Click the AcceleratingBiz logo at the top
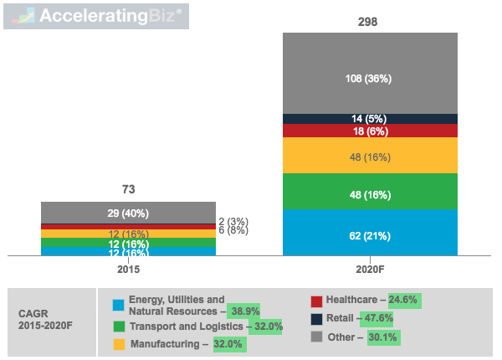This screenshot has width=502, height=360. pos(96,17)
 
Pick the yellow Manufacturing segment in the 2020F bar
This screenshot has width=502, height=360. pos(370,156)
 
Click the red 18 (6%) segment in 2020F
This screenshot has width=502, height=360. pos(370,131)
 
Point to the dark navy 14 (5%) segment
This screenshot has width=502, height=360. pos(370,119)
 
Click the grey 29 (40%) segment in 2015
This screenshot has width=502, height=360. pos(128,213)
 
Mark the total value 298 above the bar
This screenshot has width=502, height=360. pos(370,21)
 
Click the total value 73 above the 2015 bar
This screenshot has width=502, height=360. pos(128,189)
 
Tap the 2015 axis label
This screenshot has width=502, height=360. pos(128,270)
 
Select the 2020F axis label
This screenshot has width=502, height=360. pos(370,270)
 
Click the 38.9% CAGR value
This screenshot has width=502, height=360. pos(245,311)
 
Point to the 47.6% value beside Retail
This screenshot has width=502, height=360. pos(376,318)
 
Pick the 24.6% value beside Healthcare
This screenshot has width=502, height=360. pos(401,299)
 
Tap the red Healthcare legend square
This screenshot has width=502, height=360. pos(316,301)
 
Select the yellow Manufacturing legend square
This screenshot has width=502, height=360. pos(118,344)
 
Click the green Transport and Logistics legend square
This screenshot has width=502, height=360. pos(118,326)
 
